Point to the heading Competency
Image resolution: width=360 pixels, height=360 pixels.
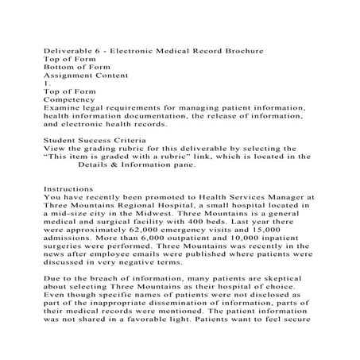(x=70, y=106)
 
